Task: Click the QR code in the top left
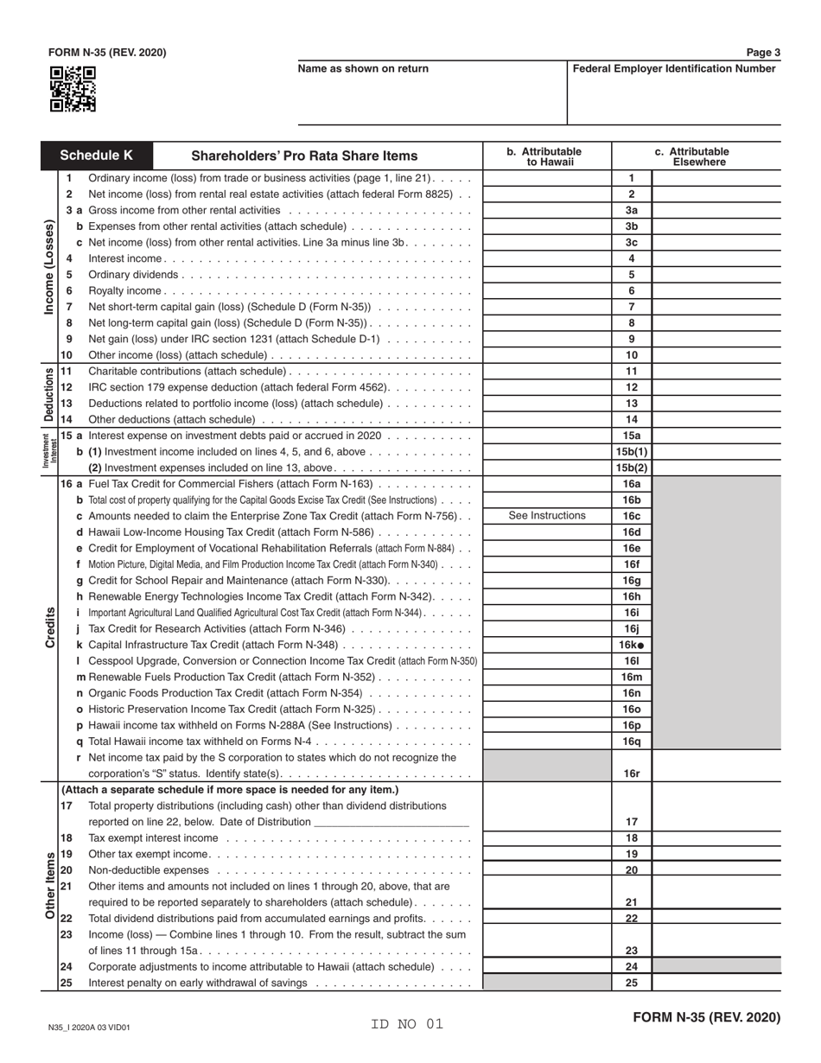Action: tap(73, 90)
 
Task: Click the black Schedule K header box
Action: tap(97, 156)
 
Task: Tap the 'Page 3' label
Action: tap(763, 53)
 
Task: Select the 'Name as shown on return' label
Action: tap(363, 69)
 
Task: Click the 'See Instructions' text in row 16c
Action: tap(547, 516)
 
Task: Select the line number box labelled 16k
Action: tap(632, 645)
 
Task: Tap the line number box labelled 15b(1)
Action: tap(632, 452)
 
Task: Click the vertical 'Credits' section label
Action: tap(50, 627)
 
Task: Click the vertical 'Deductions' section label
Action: tap(50, 395)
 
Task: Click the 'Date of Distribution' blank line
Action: tap(392, 822)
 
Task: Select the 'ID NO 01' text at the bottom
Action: tap(407, 1024)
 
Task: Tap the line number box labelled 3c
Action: tap(632, 243)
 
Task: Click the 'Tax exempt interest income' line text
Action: tap(153, 838)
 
